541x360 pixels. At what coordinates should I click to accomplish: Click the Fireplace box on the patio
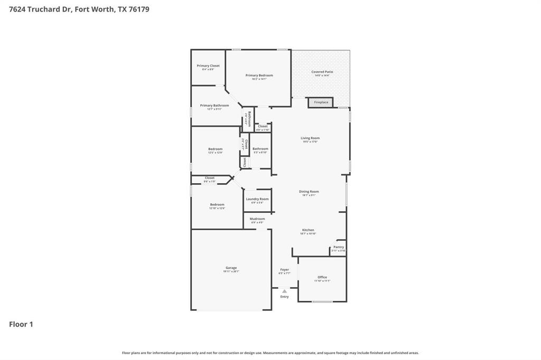(x=321, y=102)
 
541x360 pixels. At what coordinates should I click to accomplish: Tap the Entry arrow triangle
(x=284, y=291)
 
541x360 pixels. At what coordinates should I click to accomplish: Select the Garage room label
(x=231, y=268)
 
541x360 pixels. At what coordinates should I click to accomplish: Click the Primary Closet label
(x=208, y=66)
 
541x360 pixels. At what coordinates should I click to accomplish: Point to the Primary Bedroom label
(x=259, y=75)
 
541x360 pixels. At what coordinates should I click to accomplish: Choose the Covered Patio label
(x=322, y=72)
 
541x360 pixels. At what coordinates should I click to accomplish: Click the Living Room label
(x=310, y=138)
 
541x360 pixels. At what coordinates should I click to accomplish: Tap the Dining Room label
(x=309, y=192)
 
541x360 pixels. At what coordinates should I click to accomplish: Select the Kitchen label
(x=308, y=230)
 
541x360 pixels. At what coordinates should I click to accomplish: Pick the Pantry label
(x=339, y=247)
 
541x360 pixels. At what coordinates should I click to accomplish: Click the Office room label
(x=322, y=277)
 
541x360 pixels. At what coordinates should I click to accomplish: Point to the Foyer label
(x=284, y=270)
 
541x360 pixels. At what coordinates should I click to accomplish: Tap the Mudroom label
(x=257, y=219)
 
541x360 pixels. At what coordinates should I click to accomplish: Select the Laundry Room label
(x=257, y=199)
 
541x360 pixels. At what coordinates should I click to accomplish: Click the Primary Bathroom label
(x=214, y=106)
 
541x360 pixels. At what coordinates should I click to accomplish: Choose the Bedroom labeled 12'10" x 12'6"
(x=217, y=205)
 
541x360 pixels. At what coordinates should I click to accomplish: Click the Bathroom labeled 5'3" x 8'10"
(x=260, y=149)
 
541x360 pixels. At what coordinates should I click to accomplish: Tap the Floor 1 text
(x=21, y=325)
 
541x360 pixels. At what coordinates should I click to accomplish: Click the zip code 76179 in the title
(x=137, y=9)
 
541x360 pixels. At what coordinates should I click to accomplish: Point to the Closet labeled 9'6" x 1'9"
(x=210, y=178)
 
